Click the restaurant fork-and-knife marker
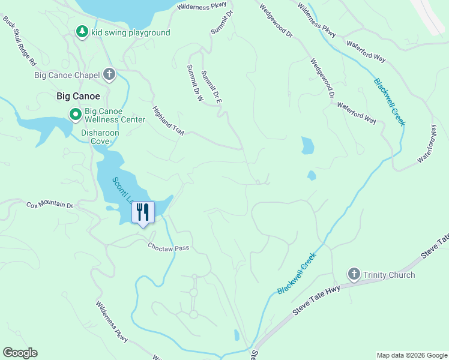(143, 212)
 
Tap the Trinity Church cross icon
(354, 275)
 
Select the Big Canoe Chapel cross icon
(109, 75)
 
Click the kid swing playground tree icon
(82, 32)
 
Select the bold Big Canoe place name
(78, 96)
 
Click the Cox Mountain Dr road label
(49, 205)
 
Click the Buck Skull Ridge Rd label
(20, 41)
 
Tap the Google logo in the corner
(20, 353)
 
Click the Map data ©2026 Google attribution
(411, 355)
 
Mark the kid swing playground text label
(131, 32)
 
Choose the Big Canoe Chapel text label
(67, 75)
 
